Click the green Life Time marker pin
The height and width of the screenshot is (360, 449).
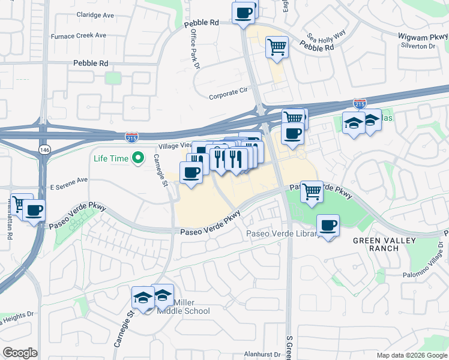point(138,158)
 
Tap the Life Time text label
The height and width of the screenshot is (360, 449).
point(111,158)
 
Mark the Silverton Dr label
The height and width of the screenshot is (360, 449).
point(423,46)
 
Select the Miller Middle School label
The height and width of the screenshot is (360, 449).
point(183,307)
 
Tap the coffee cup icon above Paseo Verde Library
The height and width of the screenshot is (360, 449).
point(328,226)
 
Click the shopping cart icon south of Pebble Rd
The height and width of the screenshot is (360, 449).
point(277,47)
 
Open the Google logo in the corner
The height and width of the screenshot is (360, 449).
point(20,353)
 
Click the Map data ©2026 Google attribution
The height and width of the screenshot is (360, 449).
point(411,355)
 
